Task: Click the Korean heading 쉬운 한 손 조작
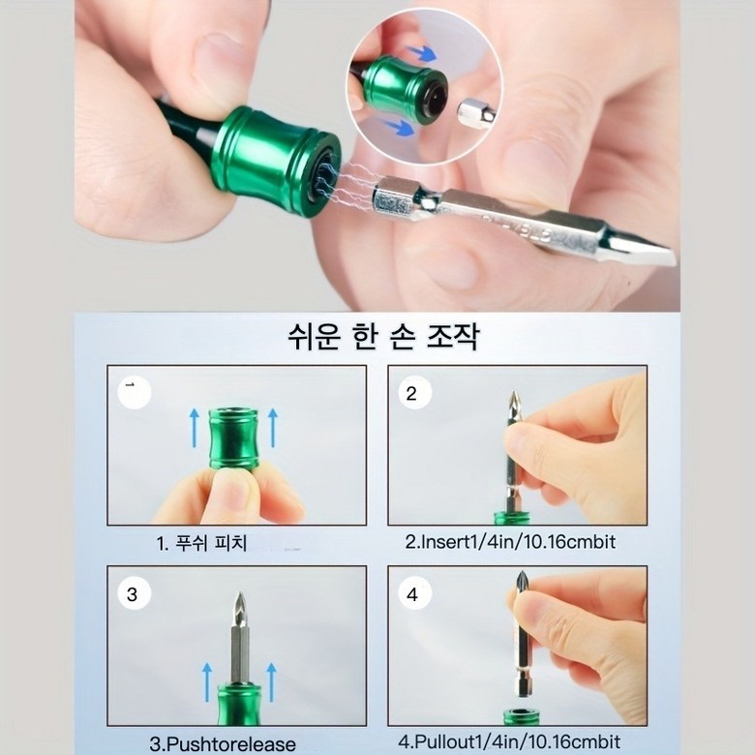(382, 337)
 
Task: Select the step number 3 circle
(134, 593)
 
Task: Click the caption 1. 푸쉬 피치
(201, 544)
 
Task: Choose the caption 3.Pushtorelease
(223, 744)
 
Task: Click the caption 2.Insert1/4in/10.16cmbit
(510, 542)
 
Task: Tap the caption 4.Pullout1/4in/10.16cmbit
(509, 741)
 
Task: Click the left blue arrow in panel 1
(194, 428)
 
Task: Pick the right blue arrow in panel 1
(273, 428)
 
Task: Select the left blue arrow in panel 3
(207, 681)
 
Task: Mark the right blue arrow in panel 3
(272, 681)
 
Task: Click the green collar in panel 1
(233, 438)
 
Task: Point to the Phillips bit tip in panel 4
(522, 577)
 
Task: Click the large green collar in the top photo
(274, 162)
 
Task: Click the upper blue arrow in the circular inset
(422, 53)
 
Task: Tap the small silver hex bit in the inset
(476, 114)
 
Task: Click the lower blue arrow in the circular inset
(399, 127)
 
